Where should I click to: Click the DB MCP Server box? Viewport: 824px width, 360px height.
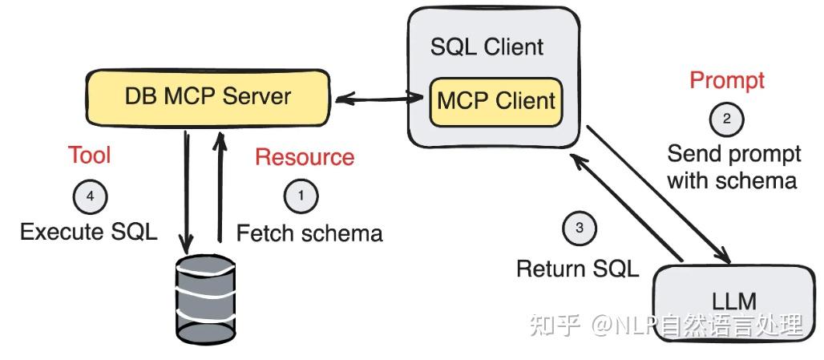click(208, 97)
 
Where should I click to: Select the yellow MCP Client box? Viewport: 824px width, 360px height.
click(495, 101)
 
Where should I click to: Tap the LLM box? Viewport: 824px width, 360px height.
click(734, 301)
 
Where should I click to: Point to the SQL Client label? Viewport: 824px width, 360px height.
click(487, 47)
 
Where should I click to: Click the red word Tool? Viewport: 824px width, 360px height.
click(90, 155)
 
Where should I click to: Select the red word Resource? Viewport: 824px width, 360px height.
click(305, 157)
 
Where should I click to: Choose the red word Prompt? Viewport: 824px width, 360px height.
click(727, 80)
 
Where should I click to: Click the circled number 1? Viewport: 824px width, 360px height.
click(301, 195)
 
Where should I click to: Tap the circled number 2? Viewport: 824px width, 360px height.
click(727, 119)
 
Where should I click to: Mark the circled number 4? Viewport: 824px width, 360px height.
click(90, 196)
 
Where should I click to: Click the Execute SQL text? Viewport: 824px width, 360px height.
click(89, 233)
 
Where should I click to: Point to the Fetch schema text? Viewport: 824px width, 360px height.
click(309, 233)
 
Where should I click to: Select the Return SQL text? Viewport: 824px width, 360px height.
click(577, 269)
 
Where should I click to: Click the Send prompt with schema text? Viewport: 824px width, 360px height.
click(732, 167)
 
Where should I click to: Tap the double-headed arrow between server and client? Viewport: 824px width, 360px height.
click(380, 99)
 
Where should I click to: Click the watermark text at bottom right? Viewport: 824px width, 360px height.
click(666, 326)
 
